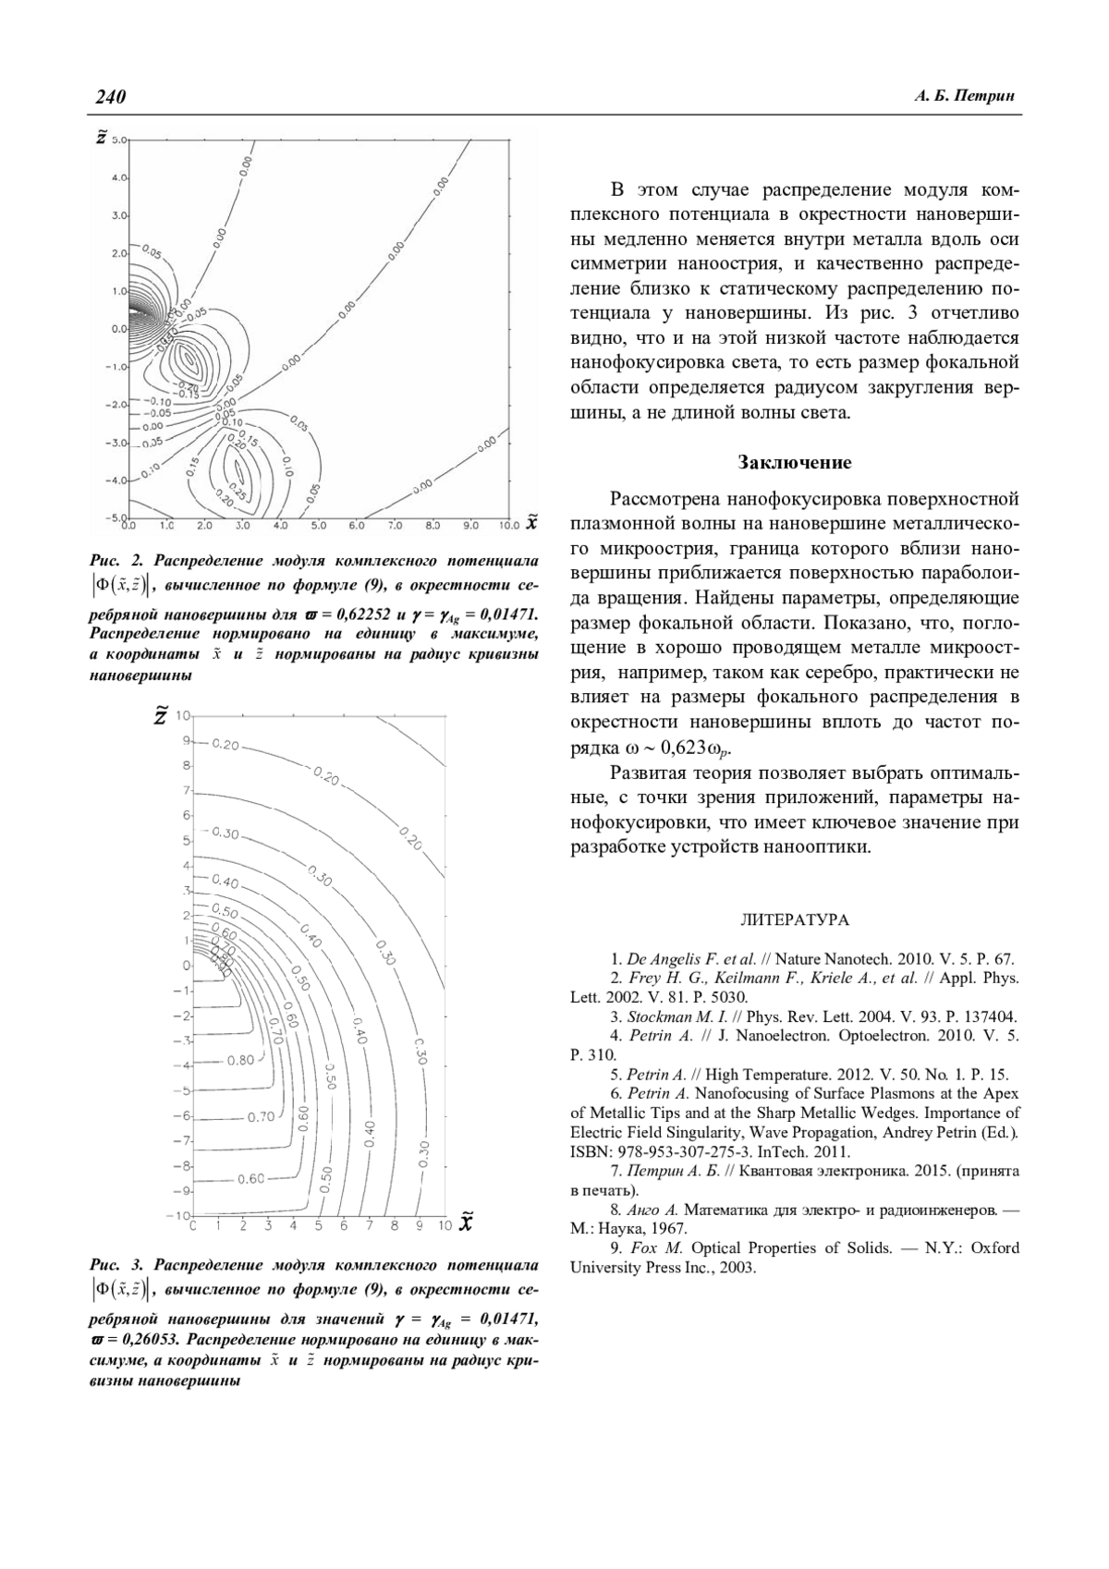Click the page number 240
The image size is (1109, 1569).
click(x=109, y=97)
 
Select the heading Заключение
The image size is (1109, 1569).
click(x=795, y=462)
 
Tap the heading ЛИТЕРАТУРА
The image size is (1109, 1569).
click(x=795, y=920)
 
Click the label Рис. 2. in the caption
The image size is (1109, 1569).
click(x=117, y=561)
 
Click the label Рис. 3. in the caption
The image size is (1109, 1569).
click(x=117, y=1264)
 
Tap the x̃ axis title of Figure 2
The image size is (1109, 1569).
click(x=531, y=523)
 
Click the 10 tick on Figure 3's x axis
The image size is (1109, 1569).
click(x=444, y=1226)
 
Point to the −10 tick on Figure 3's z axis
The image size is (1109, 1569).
click(x=179, y=1214)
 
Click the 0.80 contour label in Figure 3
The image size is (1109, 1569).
click(x=240, y=1060)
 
